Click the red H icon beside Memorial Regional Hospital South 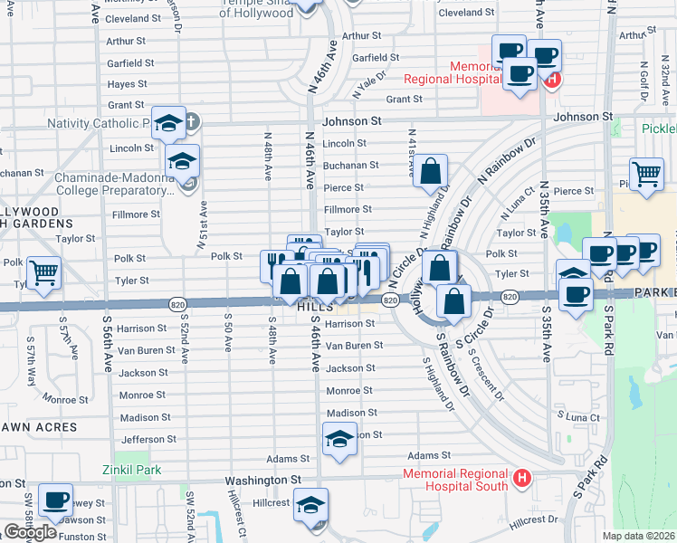click(521, 477)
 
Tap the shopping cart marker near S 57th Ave click(43, 271)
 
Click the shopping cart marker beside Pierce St click(646, 173)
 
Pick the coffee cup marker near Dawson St click(55, 500)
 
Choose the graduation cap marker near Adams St click(339, 440)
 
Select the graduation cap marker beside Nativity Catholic click(169, 122)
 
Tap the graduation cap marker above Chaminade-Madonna click(183, 161)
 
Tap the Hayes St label click(127, 84)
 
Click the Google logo click(30, 532)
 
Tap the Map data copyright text click(640, 537)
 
